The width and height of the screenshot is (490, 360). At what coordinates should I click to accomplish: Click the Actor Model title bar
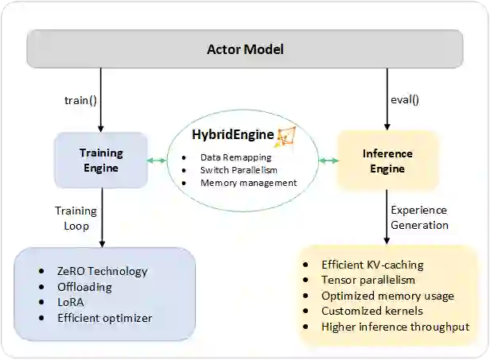(x=245, y=49)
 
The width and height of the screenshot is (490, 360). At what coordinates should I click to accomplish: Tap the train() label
(x=80, y=101)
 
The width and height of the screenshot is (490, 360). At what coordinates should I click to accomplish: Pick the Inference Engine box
(x=387, y=161)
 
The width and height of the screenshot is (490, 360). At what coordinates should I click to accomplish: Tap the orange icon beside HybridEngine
(x=285, y=136)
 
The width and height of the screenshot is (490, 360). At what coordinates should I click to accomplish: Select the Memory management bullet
(x=248, y=183)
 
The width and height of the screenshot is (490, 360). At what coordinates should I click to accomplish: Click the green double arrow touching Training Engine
(x=157, y=161)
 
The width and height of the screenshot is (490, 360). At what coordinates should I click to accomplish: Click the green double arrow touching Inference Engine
(x=329, y=161)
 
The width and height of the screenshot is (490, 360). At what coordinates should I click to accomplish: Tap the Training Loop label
(x=76, y=219)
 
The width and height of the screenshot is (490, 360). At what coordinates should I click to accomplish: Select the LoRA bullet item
(x=70, y=303)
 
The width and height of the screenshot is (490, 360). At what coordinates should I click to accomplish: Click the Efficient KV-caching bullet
(x=372, y=265)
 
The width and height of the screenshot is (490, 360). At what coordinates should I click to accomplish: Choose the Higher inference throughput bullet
(x=395, y=327)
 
